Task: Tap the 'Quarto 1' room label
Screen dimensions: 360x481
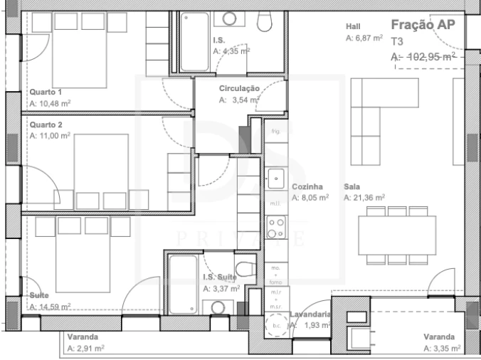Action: point(46,92)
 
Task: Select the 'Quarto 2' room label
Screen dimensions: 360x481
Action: point(46,125)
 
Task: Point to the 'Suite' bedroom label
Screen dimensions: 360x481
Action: point(39,295)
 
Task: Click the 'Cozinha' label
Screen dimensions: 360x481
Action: point(307,186)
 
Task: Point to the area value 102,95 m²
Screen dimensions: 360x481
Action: point(428,56)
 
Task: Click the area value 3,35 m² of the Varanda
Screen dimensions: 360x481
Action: point(446,349)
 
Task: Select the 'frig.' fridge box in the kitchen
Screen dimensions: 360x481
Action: point(275,132)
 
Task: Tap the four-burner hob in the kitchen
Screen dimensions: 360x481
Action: point(275,228)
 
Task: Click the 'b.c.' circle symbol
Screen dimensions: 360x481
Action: point(276,325)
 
